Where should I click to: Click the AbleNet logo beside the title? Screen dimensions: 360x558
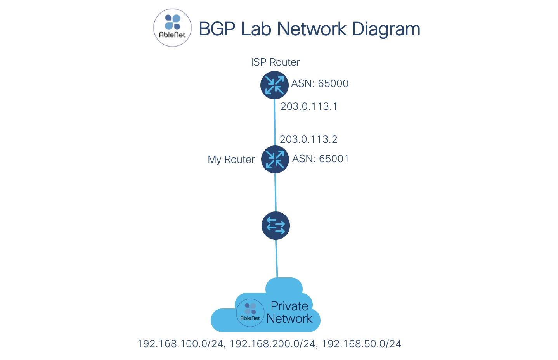click(x=172, y=28)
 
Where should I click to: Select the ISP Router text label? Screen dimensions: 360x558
click(x=275, y=62)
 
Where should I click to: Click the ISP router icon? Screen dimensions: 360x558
click(x=274, y=85)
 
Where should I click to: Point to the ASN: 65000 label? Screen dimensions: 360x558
click(x=320, y=83)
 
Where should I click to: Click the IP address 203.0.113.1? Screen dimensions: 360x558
click(x=309, y=106)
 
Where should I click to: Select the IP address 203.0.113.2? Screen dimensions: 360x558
click(x=308, y=139)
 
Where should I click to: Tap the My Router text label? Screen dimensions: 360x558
click(x=231, y=159)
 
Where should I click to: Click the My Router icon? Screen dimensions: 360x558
click(x=275, y=159)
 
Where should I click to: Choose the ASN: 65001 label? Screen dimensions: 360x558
click(x=321, y=159)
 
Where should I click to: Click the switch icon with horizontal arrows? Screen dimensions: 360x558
click(x=276, y=225)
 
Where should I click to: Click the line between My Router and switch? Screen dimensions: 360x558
click(x=276, y=192)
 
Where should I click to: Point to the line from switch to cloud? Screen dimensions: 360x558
click(x=277, y=258)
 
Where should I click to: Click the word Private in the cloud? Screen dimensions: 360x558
click(x=289, y=306)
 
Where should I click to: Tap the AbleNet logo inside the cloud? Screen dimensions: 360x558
click(x=250, y=312)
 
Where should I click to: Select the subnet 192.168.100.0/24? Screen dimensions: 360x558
click(x=180, y=344)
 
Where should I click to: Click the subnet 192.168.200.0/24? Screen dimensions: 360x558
click(x=272, y=344)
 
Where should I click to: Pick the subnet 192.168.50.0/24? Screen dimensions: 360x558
click(x=362, y=344)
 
